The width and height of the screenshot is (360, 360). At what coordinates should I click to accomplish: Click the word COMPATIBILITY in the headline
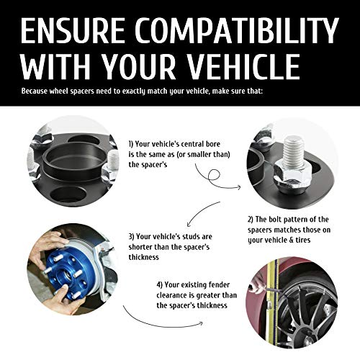pos(237,30)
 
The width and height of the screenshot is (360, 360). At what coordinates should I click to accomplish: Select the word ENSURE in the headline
pos(73,30)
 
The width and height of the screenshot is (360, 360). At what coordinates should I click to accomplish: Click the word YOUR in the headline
pos(138,66)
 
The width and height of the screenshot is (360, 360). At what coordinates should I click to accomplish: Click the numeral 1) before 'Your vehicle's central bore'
pos(130,144)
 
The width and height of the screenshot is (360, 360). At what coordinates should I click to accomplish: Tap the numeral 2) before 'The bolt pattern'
pos(251,220)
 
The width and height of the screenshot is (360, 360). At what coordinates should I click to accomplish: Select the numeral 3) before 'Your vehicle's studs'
pos(131,237)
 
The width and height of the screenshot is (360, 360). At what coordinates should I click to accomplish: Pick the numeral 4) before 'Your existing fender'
pos(160,285)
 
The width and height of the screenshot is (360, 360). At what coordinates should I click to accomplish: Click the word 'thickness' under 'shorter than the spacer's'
pos(144,257)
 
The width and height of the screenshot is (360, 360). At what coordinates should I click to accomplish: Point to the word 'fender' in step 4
pos(219,285)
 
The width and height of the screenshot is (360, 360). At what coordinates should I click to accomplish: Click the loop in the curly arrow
pos(215,176)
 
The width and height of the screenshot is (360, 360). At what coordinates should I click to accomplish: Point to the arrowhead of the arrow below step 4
pos(201,324)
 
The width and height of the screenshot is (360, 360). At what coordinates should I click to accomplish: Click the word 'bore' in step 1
pos(213,144)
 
